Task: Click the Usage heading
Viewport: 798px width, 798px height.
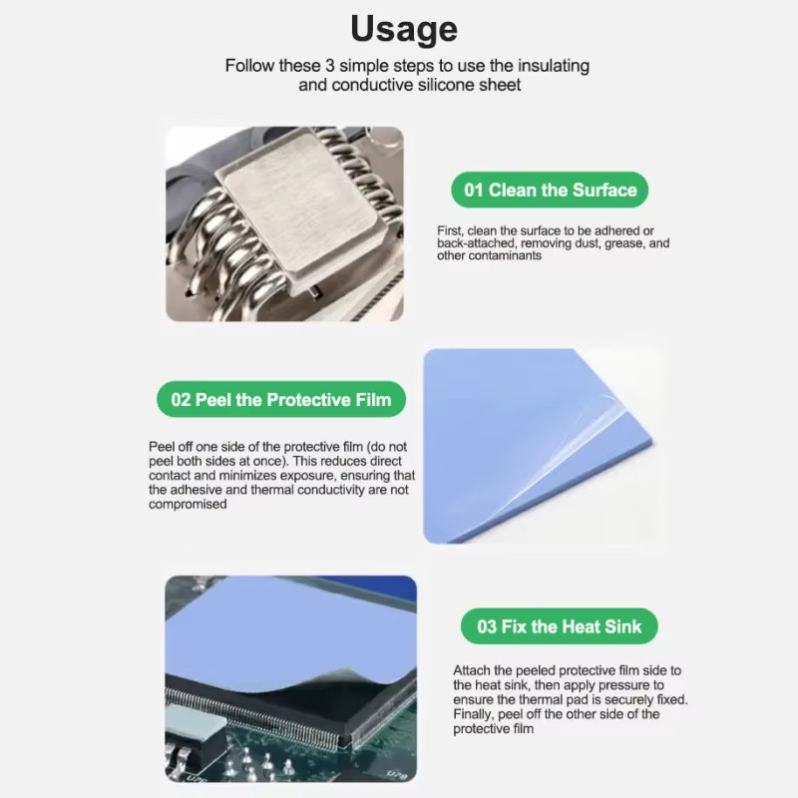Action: [404, 29]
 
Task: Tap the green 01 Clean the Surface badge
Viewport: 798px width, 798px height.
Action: [550, 190]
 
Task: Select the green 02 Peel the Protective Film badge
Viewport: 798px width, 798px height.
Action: [281, 400]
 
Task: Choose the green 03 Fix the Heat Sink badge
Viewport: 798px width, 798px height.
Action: [559, 626]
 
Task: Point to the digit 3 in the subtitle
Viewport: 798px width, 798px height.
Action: [330, 66]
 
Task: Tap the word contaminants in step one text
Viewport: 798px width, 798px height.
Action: [489, 255]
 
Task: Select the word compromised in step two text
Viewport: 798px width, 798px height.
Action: [188, 504]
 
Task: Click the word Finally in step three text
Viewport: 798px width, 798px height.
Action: [473, 714]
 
